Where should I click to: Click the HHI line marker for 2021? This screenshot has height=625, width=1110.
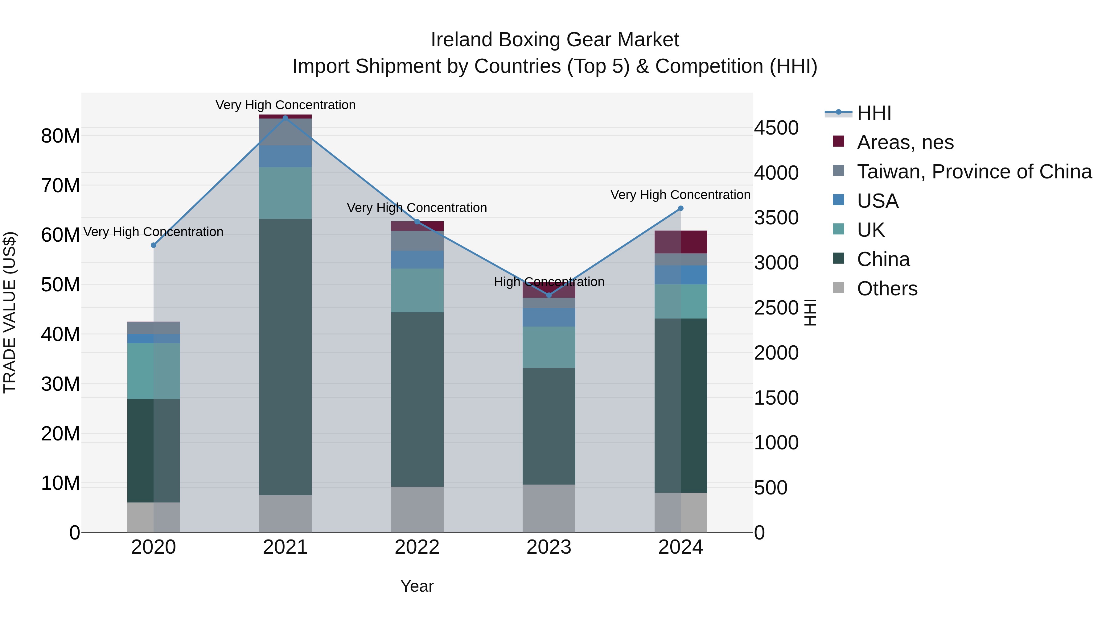[285, 118]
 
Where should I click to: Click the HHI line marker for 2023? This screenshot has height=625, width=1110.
[549, 295]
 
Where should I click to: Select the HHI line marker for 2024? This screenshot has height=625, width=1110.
[681, 208]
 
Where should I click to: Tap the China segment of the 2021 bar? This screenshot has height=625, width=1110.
[285, 357]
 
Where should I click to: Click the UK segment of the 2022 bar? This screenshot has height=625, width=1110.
[417, 290]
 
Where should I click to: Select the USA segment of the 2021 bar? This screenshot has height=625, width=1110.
[285, 156]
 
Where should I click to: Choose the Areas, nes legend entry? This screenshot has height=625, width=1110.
[905, 142]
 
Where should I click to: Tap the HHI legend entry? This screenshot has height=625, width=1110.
[874, 113]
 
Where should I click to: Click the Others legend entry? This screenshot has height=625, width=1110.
[887, 289]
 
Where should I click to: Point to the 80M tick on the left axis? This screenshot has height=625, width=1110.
[60, 136]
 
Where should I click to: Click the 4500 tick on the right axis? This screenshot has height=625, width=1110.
[776, 128]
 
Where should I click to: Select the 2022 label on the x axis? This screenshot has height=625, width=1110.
[417, 547]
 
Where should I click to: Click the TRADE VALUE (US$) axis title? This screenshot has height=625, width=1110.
[10, 312]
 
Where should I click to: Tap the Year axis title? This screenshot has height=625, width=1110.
[417, 586]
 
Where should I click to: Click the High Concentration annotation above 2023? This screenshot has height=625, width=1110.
[549, 282]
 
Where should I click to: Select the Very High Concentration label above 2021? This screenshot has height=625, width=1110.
[285, 105]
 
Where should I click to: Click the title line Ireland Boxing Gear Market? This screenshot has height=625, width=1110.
[555, 40]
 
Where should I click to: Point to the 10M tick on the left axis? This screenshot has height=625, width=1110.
[60, 483]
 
